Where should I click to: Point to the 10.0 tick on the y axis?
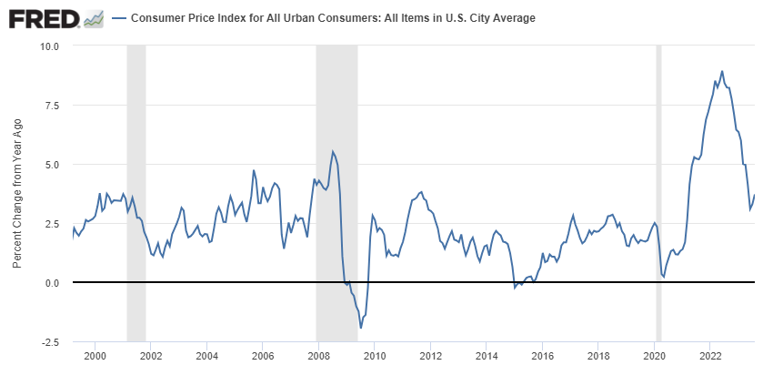point(47,46)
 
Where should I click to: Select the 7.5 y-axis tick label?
point(49,106)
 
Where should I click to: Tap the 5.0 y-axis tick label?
point(49,165)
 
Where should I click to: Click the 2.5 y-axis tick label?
point(49,224)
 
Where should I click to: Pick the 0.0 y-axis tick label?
point(49,283)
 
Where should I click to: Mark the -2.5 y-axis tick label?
point(47,342)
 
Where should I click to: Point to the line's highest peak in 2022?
point(722,71)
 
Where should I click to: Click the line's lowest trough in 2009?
point(361,328)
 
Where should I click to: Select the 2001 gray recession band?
point(136,191)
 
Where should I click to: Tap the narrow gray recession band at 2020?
point(658,191)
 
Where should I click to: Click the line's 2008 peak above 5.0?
point(333,151)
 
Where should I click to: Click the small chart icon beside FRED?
point(93,18)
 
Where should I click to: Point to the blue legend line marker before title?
point(119,18)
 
